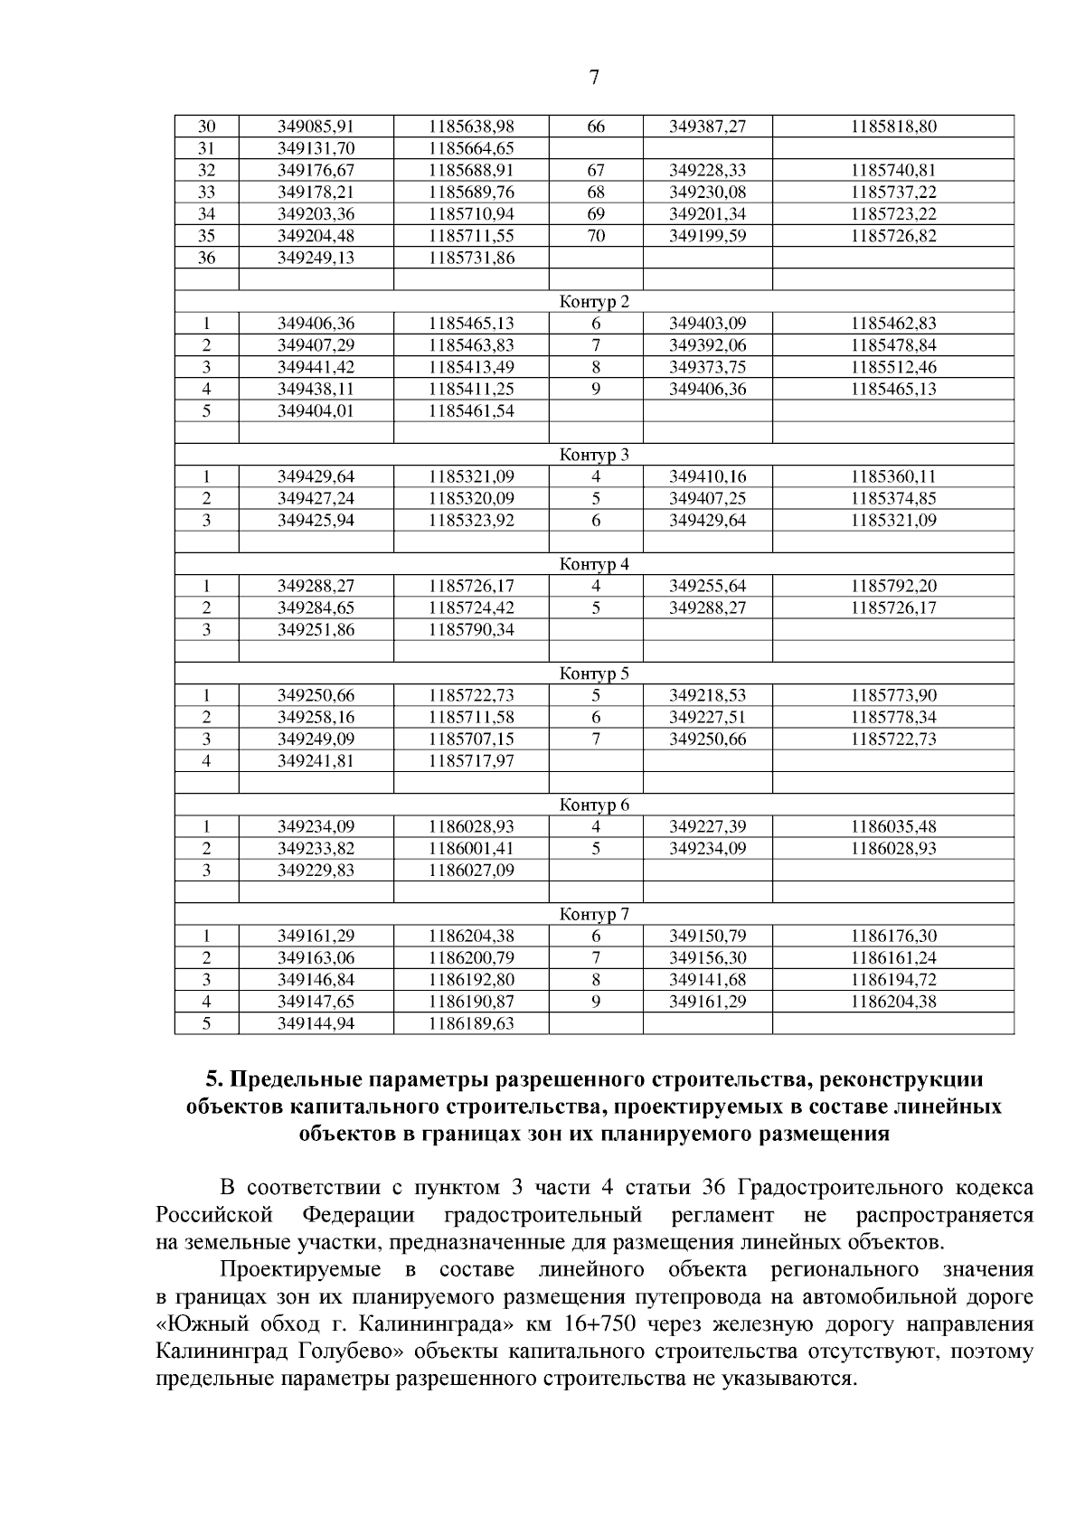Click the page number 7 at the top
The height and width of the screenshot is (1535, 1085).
(594, 78)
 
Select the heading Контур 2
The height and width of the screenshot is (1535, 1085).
(594, 302)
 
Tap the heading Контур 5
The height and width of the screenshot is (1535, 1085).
(594, 673)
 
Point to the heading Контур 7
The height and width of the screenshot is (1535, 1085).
(594, 914)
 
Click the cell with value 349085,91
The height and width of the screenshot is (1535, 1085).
(316, 127)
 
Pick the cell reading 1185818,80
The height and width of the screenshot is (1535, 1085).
(892, 127)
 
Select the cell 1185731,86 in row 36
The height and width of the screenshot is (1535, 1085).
(471, 258)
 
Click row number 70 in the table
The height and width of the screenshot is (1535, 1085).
(596, 236)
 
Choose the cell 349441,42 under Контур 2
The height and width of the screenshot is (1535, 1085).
(316, 367)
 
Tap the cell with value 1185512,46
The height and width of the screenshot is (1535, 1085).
(892, 367)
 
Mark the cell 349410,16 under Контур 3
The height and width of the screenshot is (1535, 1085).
(707, 476)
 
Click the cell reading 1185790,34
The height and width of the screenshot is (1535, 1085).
(471, 629)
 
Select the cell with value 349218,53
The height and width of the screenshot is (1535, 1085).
(707, 695)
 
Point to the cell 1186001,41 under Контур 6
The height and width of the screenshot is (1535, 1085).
(471, 848)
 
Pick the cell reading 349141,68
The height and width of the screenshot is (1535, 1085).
(707, 980)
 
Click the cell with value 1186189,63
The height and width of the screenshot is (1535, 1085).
(471, 1023)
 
